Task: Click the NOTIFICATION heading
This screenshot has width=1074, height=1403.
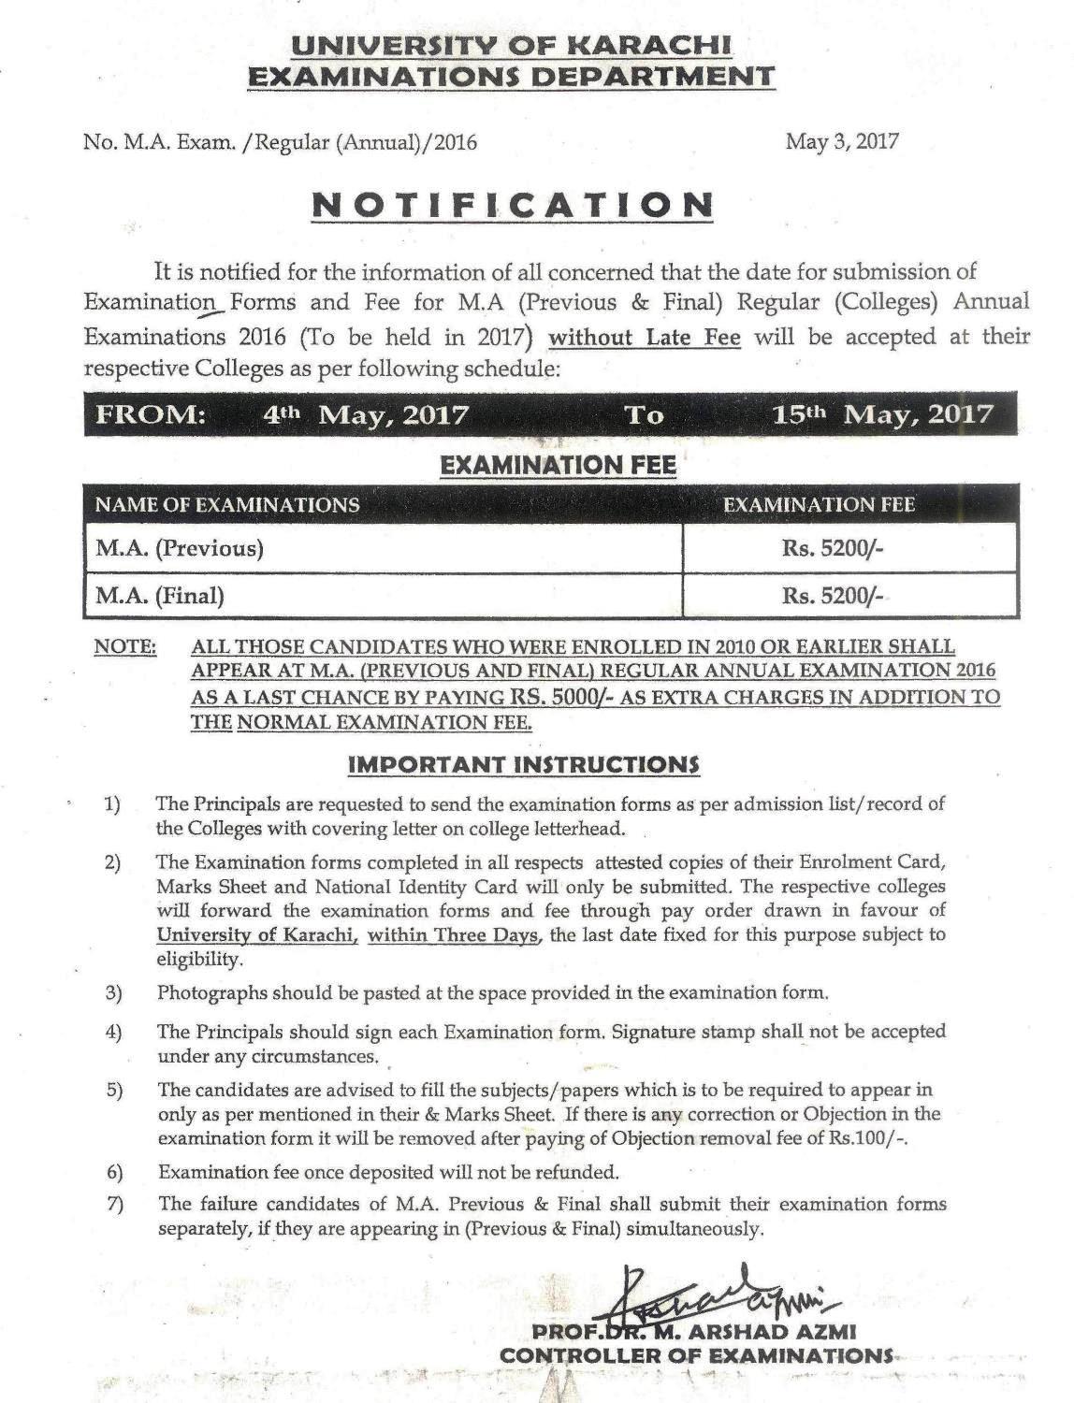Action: point(512,205)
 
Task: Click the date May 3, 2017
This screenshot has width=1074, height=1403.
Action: point(842,141)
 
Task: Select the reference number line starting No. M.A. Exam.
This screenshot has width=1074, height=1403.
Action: point(281,142)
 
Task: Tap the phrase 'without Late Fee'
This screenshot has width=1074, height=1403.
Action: point(645,337)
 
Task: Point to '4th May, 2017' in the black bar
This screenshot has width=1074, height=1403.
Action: point(366,414)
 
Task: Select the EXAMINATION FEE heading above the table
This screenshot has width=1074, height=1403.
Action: point(558,465)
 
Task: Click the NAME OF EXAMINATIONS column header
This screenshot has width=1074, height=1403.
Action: point(227,505)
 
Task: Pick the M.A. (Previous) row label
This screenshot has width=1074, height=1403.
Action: point(179,548)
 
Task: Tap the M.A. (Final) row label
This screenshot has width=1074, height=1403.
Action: point(160,595)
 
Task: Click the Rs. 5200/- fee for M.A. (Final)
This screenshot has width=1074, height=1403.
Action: point(833,595)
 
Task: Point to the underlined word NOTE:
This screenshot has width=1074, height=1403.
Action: point(125,647)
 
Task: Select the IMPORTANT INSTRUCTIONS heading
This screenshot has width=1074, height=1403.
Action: point(524,764)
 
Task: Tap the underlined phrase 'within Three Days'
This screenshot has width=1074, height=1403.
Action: point(454,934)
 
